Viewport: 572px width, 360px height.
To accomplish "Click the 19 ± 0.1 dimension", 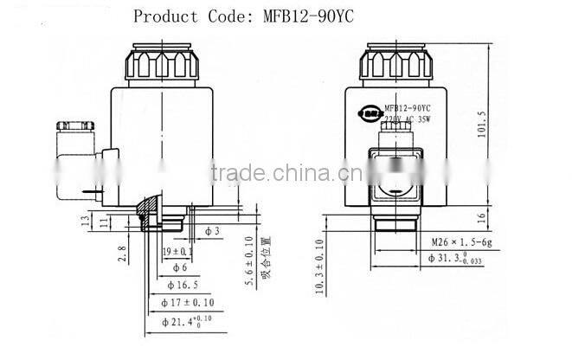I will (x=179, y=251).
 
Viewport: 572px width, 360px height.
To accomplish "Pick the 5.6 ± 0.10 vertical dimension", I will (x=250, y=260).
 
